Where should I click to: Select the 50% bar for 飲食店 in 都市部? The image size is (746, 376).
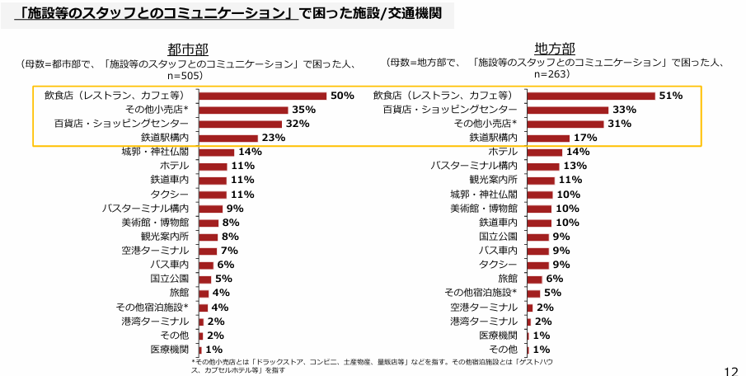coord(262,96)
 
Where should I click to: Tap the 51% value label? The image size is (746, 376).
coord(671,96)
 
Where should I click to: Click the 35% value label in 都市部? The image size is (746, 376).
coord(303,110)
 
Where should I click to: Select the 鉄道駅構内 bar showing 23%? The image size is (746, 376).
coord(228,138)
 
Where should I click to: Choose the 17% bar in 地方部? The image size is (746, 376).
coord(548,138)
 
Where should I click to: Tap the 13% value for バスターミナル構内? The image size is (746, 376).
coord(575,166)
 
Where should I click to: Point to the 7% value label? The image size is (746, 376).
coord(229,251)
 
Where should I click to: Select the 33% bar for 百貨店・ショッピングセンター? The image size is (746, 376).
coord(567,110)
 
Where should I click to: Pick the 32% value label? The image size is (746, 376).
coord(297,124)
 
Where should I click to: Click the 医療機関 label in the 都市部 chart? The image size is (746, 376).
coord(169,350)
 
